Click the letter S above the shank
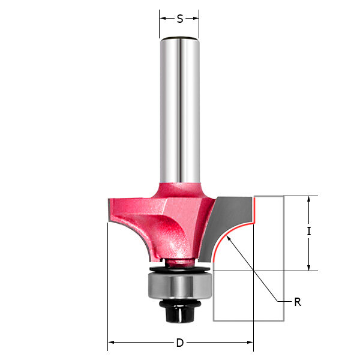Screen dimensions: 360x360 [180, 19]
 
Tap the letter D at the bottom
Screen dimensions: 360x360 [180, 343]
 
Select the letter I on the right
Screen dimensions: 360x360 [309, 231]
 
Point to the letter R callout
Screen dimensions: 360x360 [298, 302]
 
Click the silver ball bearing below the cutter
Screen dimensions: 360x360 [180, 285]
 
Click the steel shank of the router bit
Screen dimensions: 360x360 [180, 110]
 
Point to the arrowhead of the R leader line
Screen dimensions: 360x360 [229, 239]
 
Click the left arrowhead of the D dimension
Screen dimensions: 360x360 [111, 343]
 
